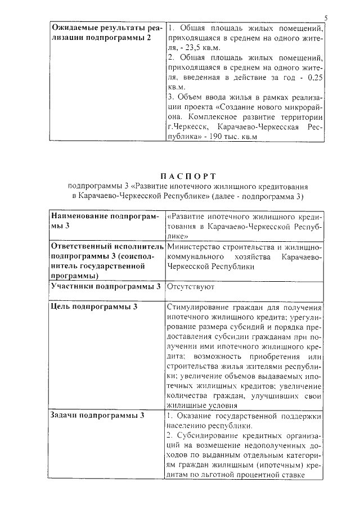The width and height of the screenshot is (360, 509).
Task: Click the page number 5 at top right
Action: pyautogui.click(x=326, y=18)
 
